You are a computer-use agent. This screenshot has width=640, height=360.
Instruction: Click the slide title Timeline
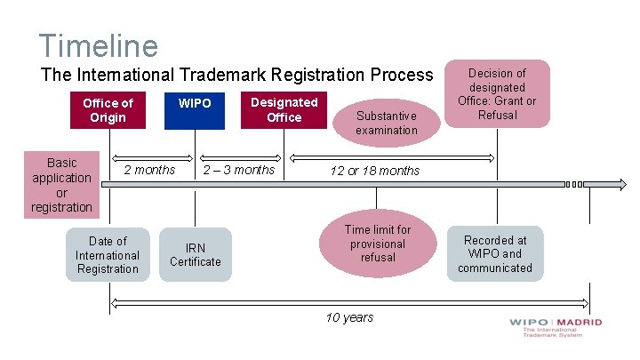tap(98, 45)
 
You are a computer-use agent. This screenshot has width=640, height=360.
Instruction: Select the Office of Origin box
tap(108, 110)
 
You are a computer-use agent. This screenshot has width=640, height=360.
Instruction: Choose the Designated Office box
tap(284, 109)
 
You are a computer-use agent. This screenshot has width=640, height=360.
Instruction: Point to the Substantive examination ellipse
tap(386, 123)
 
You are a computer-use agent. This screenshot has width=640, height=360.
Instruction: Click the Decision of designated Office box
tap(497, 93)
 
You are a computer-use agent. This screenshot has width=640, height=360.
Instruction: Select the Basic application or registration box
tap(62, 185)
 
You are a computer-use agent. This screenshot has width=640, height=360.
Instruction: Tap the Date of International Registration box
tap(108, 254)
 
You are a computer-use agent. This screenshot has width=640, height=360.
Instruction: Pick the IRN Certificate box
tap(196, 254)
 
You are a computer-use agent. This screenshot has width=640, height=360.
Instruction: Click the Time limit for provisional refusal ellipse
tap(377, 244)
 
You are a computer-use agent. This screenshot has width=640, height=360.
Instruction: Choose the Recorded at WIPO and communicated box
tap(495, 253)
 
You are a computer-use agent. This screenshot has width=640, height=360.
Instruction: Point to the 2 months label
tap(149, 170)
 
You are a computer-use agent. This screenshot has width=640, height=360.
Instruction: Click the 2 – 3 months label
tap(239, 170)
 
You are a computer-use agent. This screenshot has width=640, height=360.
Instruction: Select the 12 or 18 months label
tap(375, 171)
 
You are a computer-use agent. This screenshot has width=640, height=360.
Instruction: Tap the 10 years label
tap(349, 317)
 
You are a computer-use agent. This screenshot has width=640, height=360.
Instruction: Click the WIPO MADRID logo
tap(556, 327)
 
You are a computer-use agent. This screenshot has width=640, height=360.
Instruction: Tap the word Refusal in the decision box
tap(497, 115)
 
